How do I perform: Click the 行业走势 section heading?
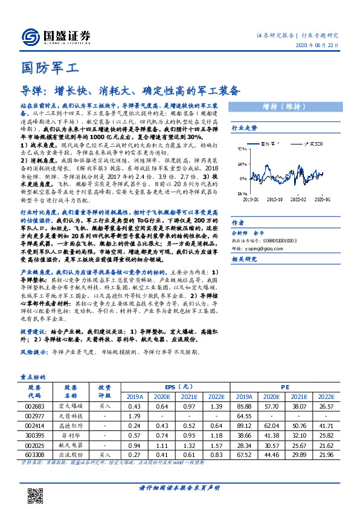click(x=245, y=128)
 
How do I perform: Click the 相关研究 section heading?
click(x=245, y=242)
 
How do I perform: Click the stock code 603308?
click(x=34, y=454)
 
